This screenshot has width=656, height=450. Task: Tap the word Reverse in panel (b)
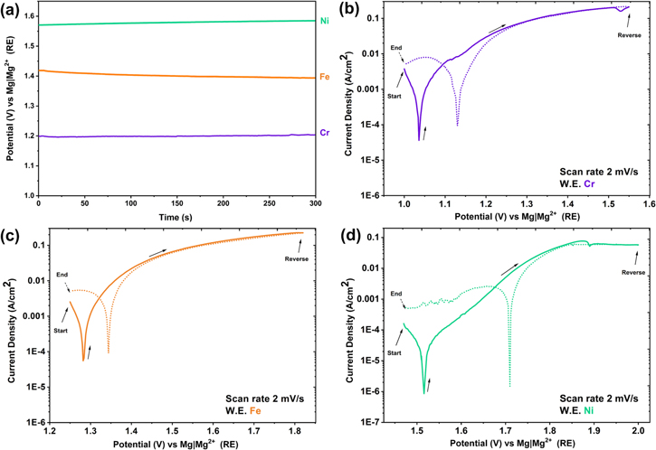(x=629, y=35)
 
